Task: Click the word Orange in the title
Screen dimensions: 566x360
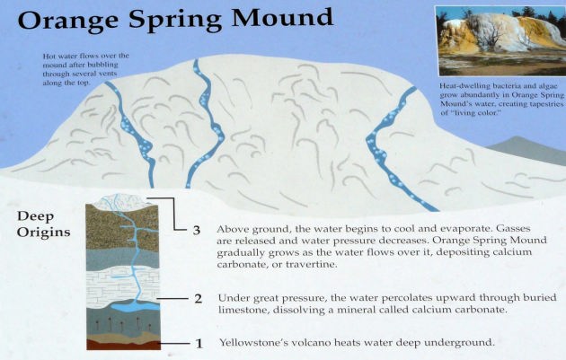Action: pos(68,19)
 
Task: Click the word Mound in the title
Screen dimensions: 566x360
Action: pos(282,17)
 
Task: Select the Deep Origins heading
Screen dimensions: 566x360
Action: pos(44,224)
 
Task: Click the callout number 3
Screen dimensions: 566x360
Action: pos(197,230)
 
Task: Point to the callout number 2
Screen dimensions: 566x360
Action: pos(199,299)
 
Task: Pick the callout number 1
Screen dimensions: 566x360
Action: pos(199,344)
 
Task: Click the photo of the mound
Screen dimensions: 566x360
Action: pos(500,40)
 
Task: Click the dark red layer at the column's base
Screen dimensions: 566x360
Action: pos(123,346)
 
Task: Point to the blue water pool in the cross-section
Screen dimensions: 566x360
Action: pos(136,306)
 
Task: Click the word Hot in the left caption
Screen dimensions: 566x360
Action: pos(49,57)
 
